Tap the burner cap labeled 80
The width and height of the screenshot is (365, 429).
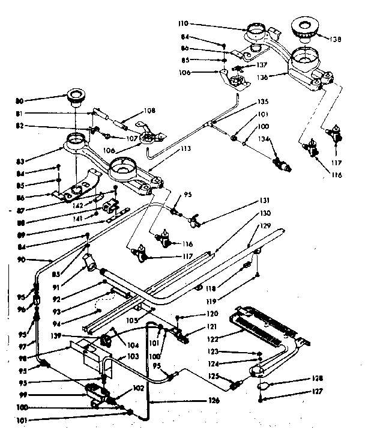[76, 95]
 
